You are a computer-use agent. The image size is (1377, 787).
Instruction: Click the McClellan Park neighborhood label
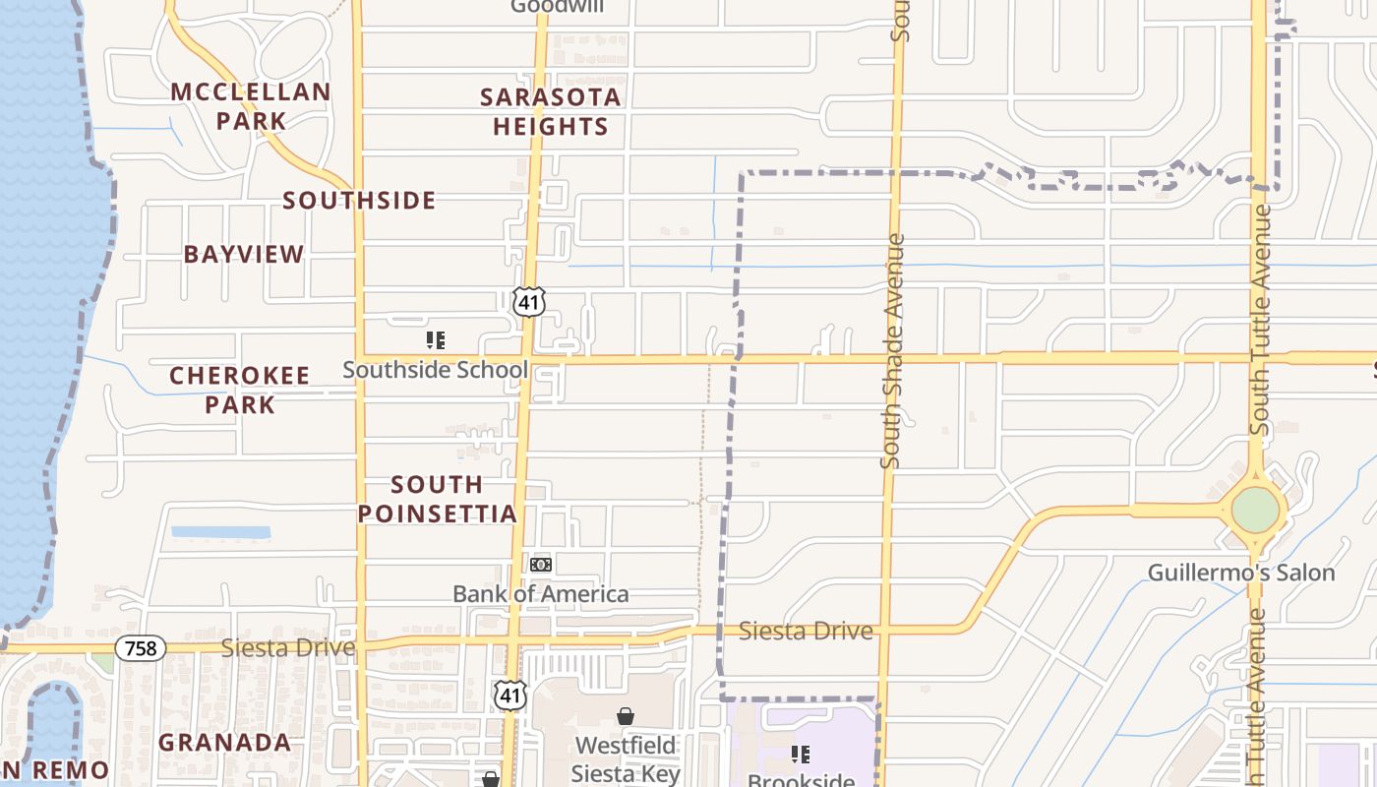point(251,106)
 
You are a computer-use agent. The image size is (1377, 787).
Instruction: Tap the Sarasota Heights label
point(551,111)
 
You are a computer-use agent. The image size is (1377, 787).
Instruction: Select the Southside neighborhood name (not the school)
point(360,201)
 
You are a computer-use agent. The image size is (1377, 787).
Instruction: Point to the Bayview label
point(244,254)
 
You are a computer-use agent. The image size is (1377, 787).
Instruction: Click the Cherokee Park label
point(240,390)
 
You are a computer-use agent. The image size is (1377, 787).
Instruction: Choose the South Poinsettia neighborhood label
point(437,499)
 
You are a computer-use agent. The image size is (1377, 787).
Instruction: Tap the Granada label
point(225,743)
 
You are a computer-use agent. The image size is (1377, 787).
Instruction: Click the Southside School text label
point(435,370)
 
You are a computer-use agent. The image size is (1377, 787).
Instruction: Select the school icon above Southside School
point(435,340)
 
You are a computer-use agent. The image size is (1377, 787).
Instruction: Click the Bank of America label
point(540,594)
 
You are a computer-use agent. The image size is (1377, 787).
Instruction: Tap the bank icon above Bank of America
point(540,565)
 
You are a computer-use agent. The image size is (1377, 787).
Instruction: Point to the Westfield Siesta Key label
point(626,758)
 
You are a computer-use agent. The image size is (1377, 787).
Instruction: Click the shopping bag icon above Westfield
point(625,715)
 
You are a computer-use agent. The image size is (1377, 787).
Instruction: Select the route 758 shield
point(140,648)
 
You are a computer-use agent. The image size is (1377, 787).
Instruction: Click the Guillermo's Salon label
point(1241,573)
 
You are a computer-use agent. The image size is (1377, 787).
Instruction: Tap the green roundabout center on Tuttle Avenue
point(1256,510)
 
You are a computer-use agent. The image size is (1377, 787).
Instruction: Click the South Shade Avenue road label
point(893,350)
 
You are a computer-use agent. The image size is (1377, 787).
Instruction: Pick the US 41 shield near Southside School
point(528,302)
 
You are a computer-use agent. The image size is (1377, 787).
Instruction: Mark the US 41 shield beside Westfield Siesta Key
point(509,695)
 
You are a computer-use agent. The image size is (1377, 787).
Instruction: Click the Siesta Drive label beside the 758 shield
point(287,648)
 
